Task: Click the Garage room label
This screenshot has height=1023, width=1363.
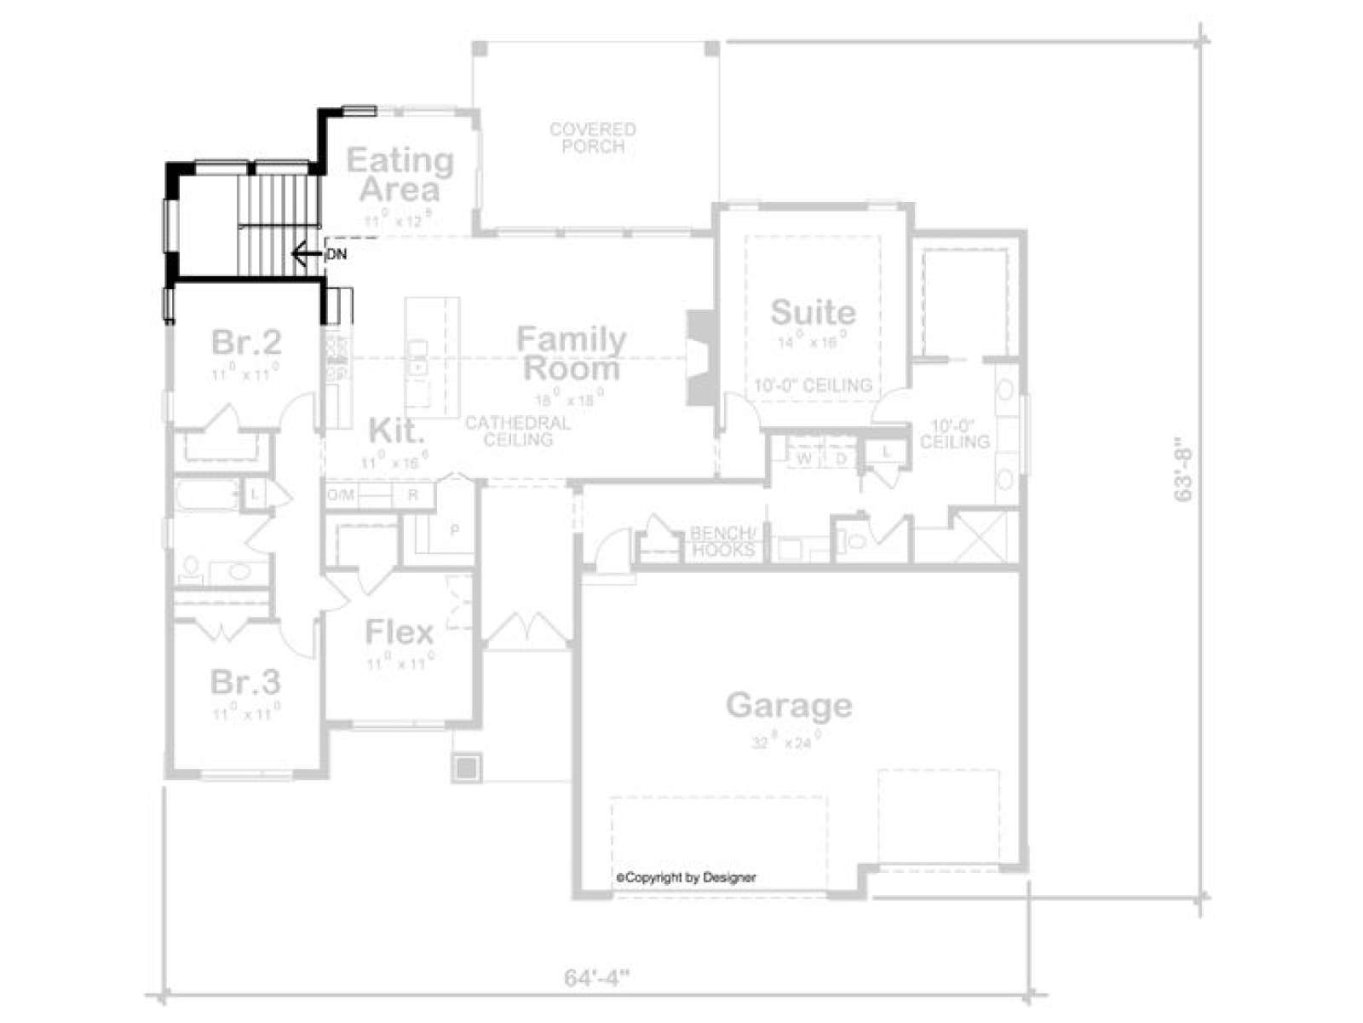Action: tap(789, 706)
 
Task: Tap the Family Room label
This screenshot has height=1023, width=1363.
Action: tap(571, 354)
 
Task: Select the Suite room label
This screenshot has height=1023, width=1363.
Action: tap(813, 312)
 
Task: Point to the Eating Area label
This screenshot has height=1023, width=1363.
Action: tap(400, 174)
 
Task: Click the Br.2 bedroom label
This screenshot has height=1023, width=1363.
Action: tap(246, 343)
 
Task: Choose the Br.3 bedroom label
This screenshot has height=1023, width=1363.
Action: tap(245, 682)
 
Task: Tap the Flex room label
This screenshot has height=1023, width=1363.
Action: tap(400, 633)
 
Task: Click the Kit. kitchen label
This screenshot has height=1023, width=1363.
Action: tap(395, 431)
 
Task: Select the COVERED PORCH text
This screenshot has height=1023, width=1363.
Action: tap(593, 138)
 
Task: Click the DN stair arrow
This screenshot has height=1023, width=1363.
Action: tap(305, 253)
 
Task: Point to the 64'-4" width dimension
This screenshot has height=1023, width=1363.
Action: tap(596, 977)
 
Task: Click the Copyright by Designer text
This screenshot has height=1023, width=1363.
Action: tap(686, 877)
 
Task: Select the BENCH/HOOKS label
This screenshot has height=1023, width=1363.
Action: tap(722, 541)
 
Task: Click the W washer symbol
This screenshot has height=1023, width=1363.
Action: tap(804, 459)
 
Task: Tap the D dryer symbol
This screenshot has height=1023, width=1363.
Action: tap(841, 459)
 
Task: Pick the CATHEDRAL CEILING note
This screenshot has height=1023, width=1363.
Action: tap(518, 431)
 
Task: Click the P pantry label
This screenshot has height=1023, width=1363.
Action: tap(455, 529)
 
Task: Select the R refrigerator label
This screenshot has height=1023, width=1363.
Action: tap(413, 494)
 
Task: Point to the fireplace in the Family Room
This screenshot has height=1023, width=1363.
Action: tap(701, 358)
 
